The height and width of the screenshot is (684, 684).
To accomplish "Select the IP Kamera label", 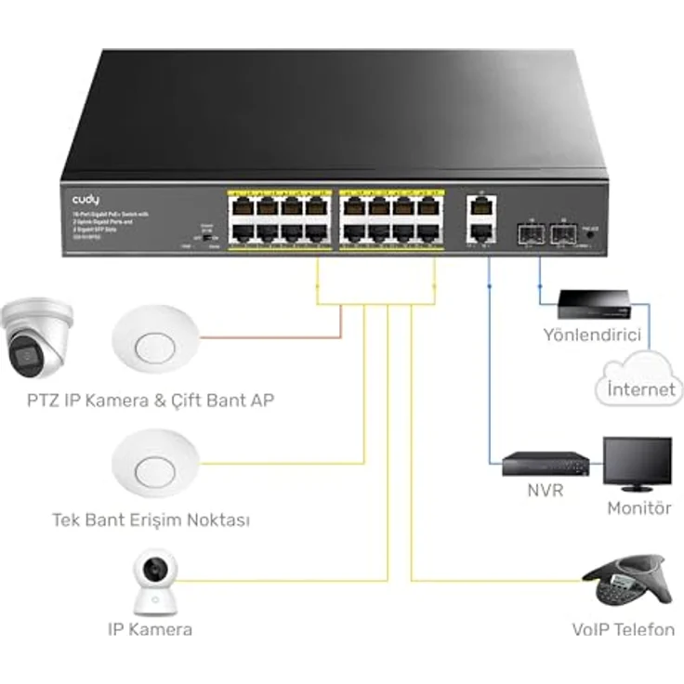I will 149,629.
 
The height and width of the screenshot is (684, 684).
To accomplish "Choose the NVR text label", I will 545,491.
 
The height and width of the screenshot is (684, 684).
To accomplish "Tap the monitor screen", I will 637,462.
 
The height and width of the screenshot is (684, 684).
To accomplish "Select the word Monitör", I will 638,508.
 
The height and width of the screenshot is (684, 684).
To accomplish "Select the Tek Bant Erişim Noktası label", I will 151,520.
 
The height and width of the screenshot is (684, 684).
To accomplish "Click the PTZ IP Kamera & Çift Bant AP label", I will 151,401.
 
